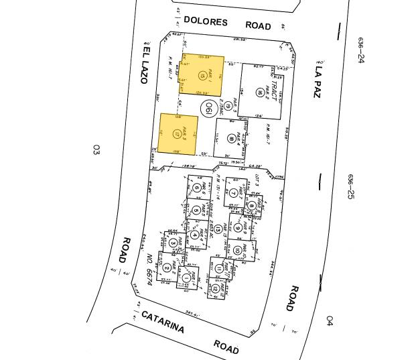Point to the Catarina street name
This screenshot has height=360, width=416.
pyautogui.click(x=163, y=322)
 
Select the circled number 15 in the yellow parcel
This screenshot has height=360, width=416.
pyautogui.click(x=202, y=74)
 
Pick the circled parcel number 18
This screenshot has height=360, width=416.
pyautogui.click(x=233, y=139)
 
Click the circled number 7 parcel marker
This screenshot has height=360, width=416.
pyautogui.click(x=233, y=193)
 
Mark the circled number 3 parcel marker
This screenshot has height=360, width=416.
pyautogui.click(x=174, y=243)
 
